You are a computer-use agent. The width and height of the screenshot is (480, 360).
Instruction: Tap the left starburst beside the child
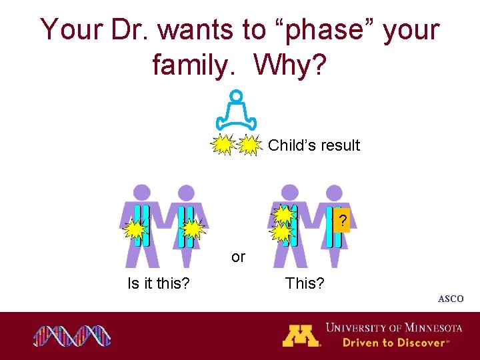click(x=223, y=145)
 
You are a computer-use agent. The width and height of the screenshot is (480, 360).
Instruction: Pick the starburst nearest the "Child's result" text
click(x=249, y=145)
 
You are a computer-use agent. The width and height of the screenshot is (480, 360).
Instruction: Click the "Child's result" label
click(x=314, y=145)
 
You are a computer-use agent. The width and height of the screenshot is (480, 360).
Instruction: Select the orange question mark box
click(x=342, y=221)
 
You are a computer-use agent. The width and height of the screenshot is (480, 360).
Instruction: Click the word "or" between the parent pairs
click(x=238, y=257)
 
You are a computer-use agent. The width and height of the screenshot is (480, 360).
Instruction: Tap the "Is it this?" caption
click(x=159, y=283)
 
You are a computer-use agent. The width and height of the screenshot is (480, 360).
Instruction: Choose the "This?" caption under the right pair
click(x=305, y=283)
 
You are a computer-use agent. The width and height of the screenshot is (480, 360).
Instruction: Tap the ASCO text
click(x=451, y=299)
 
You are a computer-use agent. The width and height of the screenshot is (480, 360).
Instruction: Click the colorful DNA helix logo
click(x=72, y=335)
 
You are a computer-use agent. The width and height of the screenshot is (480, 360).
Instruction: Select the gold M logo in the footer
click(x=301, y=335)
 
